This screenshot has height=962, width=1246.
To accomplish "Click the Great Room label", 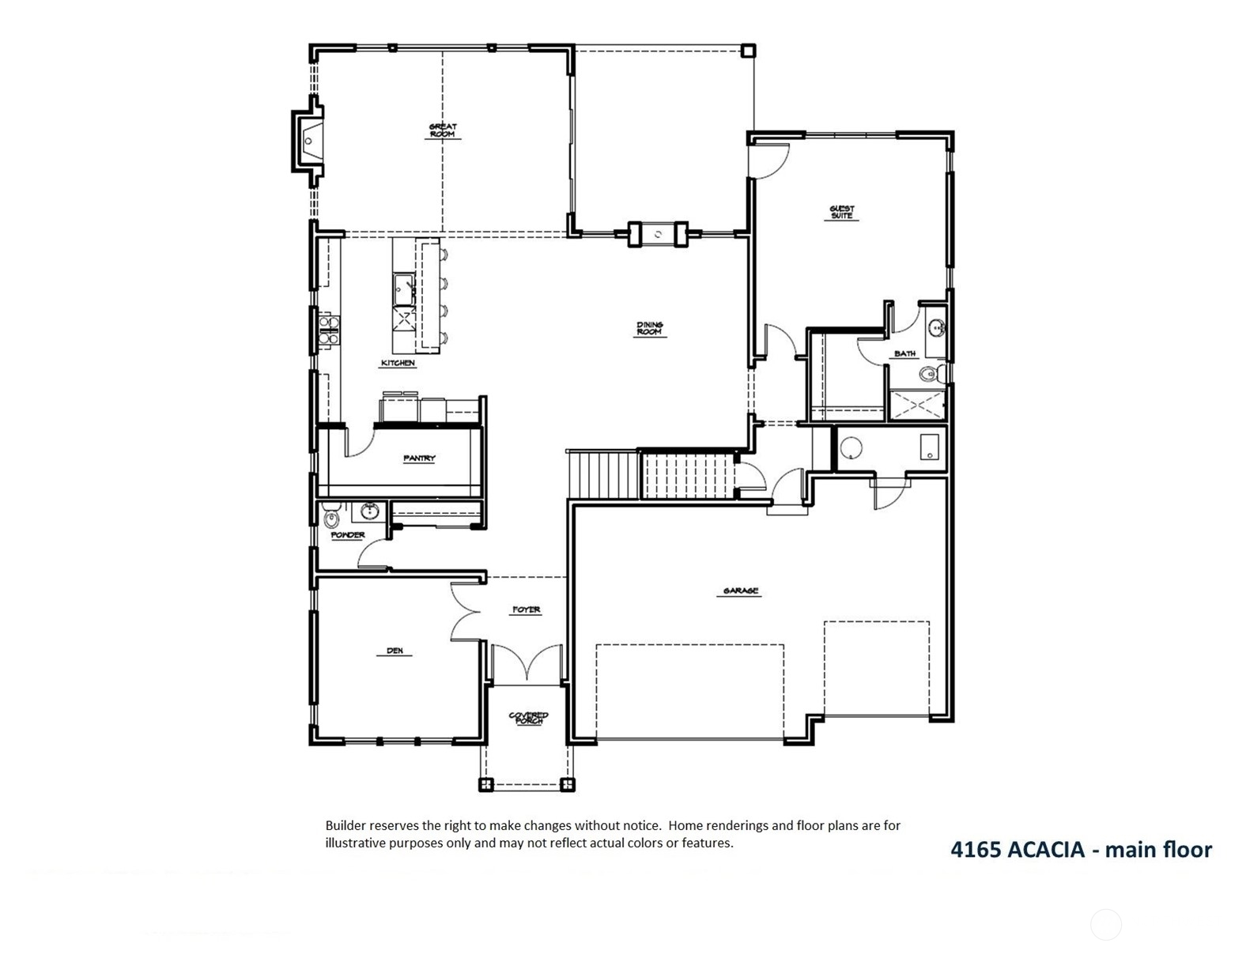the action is [x=443, y=130].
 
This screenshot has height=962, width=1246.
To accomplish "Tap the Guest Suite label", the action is [x=841, y=212].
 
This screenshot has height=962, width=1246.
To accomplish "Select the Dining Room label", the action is [x=649, y=329].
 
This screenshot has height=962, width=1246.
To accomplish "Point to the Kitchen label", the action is [x=398, y=364].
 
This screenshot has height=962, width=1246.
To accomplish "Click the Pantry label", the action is [x=419, y=458].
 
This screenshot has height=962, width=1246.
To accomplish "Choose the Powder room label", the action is [x=348, y=535].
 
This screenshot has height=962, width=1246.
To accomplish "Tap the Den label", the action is [x=395, y=651].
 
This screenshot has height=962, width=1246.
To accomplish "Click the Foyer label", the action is [x=526, y=609].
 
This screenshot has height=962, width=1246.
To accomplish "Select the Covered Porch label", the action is [x=529, y=718].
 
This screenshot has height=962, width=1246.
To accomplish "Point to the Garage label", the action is [x=740, y=590].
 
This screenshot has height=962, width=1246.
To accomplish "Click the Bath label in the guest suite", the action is [x=904, y=353].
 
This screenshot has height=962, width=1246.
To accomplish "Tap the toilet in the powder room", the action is [x=331, y=515].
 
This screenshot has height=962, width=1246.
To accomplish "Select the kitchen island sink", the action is [x=404, y=289].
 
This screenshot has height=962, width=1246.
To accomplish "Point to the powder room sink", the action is [x=367, y=511].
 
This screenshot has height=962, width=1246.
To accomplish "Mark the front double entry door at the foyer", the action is [x=527, y=663].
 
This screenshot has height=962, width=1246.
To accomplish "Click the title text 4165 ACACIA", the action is [x=1018, y=850].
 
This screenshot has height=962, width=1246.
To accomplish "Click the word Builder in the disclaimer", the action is [x=345, y=825].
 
